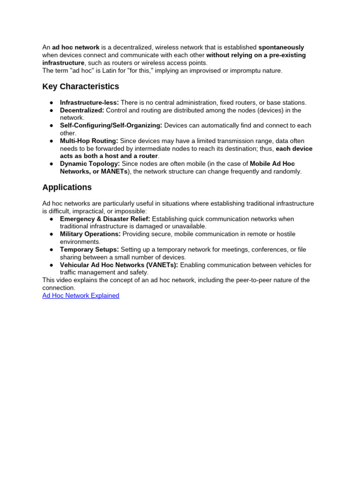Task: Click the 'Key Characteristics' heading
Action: click(81, 87)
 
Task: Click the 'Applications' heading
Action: click(67, 187)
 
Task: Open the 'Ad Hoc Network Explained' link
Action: click(81, 296)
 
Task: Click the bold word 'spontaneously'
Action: click(281, 47)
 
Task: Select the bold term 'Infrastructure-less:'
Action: click(90, 103)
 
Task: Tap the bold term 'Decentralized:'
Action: click(82, 110)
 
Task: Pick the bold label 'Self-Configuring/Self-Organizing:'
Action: click(111, 126)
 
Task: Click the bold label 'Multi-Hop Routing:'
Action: click(89, 141)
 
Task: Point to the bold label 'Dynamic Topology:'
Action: click(90, 164)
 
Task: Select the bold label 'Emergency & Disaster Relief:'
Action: click(105, 219)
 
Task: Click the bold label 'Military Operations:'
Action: click(90, 234)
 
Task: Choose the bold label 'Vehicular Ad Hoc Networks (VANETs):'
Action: click(119, 265)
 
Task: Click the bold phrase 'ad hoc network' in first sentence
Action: click(75, 47)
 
